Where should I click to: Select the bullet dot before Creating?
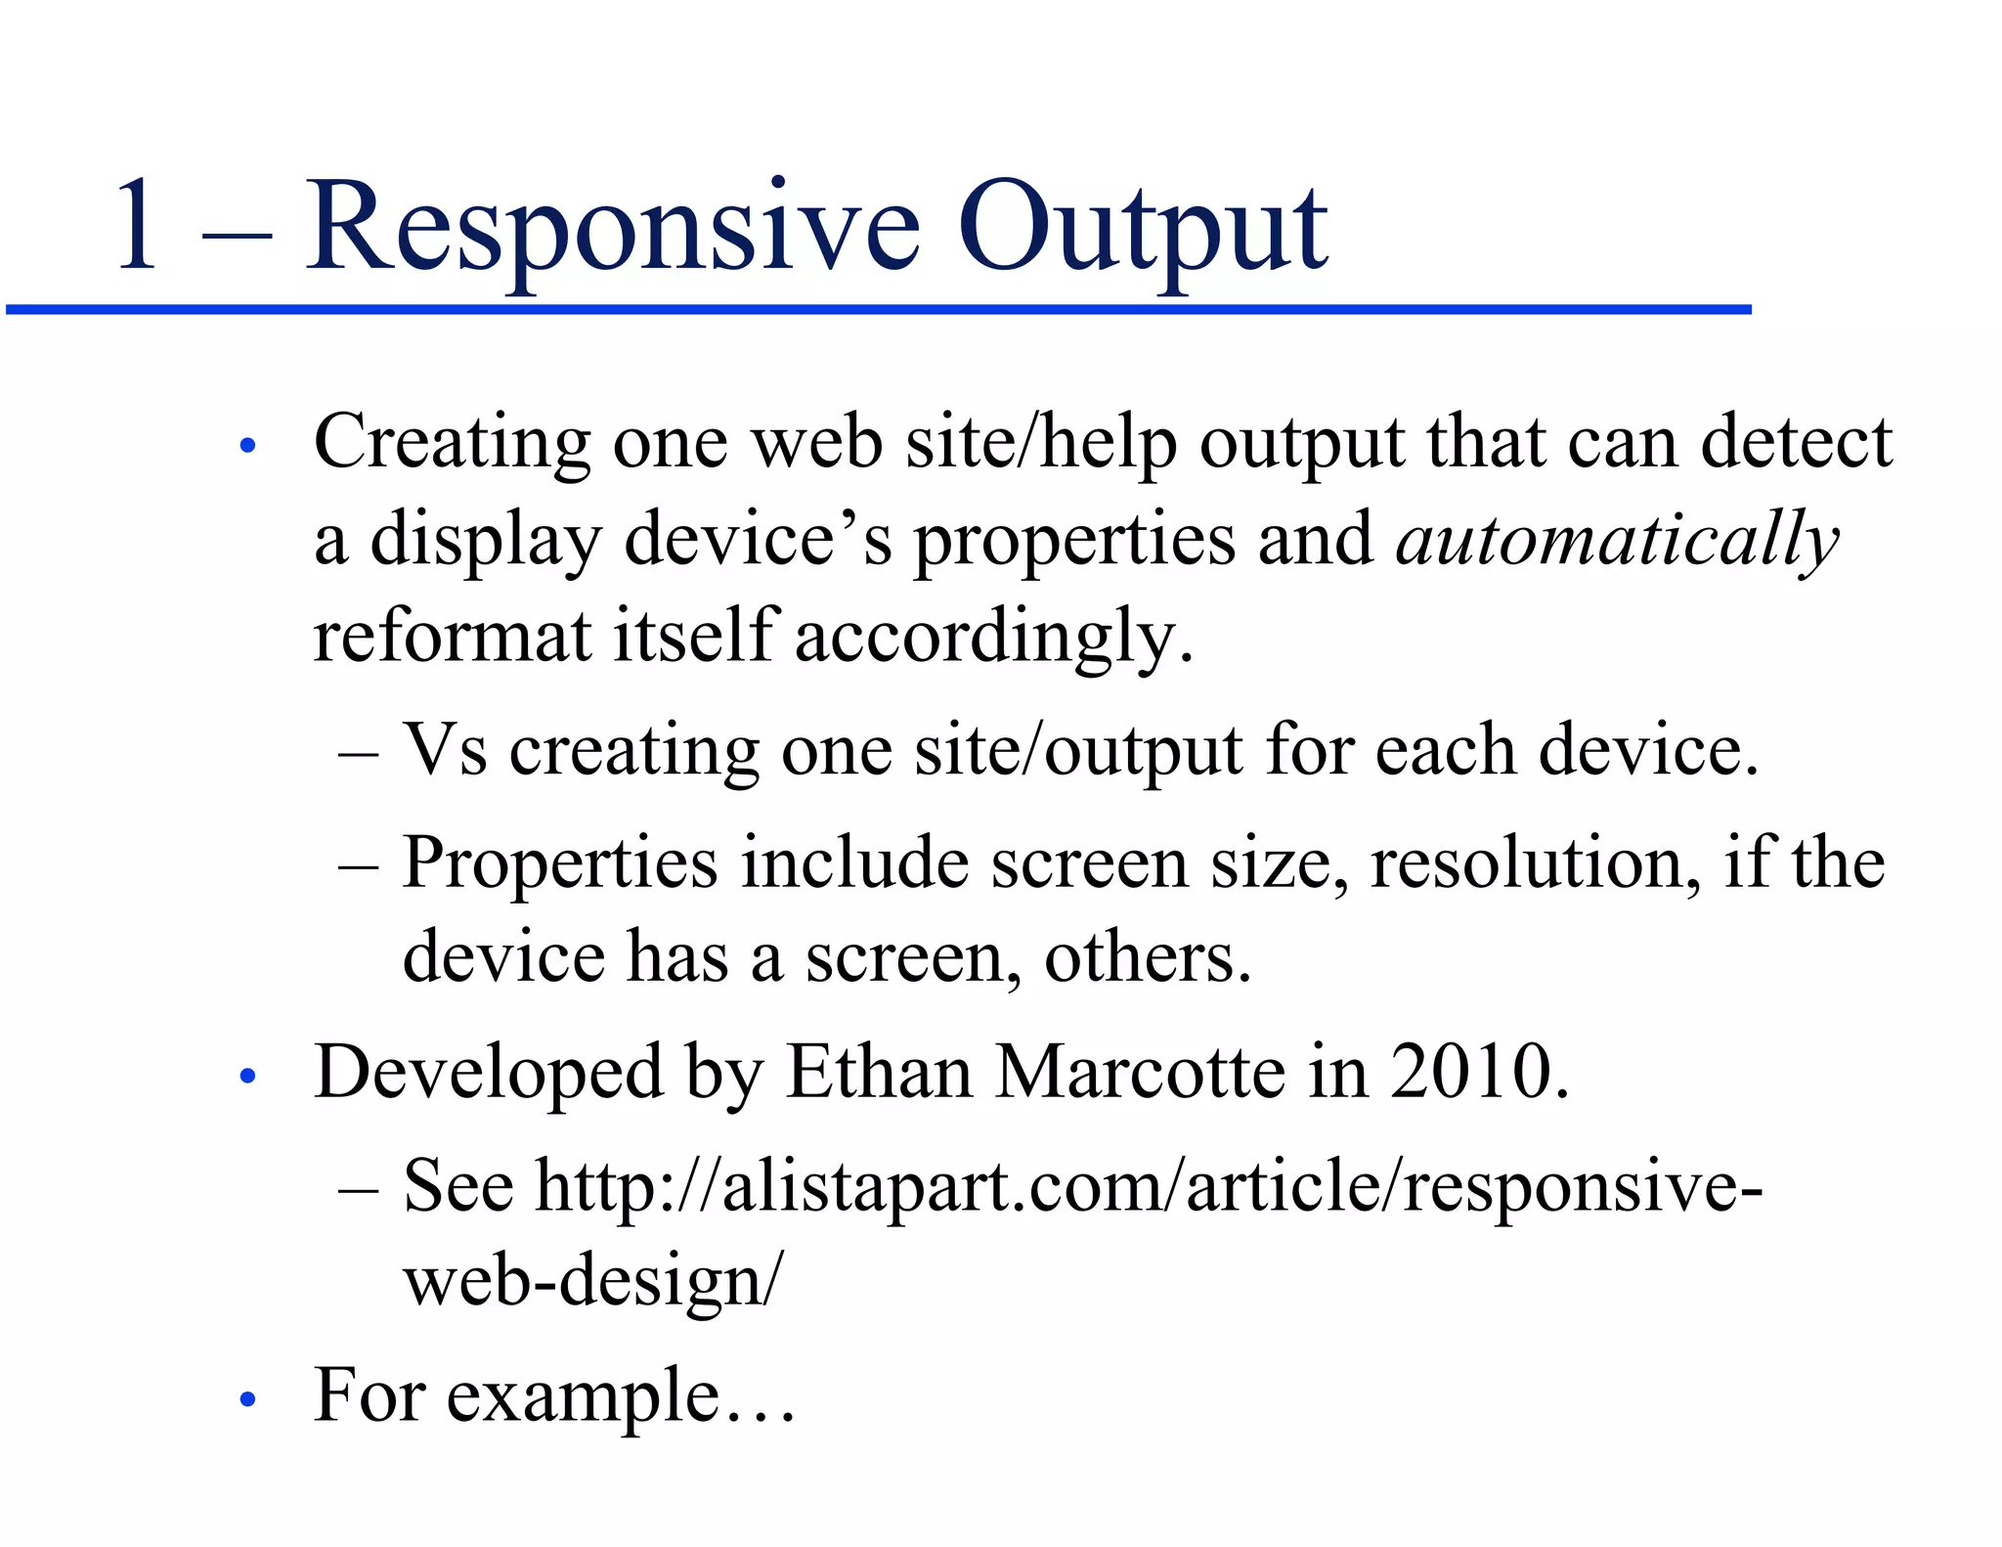point(247,446)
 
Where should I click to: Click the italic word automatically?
point(1617,540)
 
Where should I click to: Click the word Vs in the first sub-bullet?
point(445,750)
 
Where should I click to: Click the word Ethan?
point(879,1073)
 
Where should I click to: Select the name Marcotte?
point(1140,1073)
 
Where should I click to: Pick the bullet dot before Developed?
point(247,1077)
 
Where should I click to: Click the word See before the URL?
point(457,1186)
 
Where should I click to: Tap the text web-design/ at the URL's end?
point(593,1281)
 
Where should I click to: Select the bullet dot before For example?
point(247,1400)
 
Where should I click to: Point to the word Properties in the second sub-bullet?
point(560,863)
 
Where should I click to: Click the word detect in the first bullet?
point(1796,443)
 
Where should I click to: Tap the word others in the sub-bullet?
point(1147,958)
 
